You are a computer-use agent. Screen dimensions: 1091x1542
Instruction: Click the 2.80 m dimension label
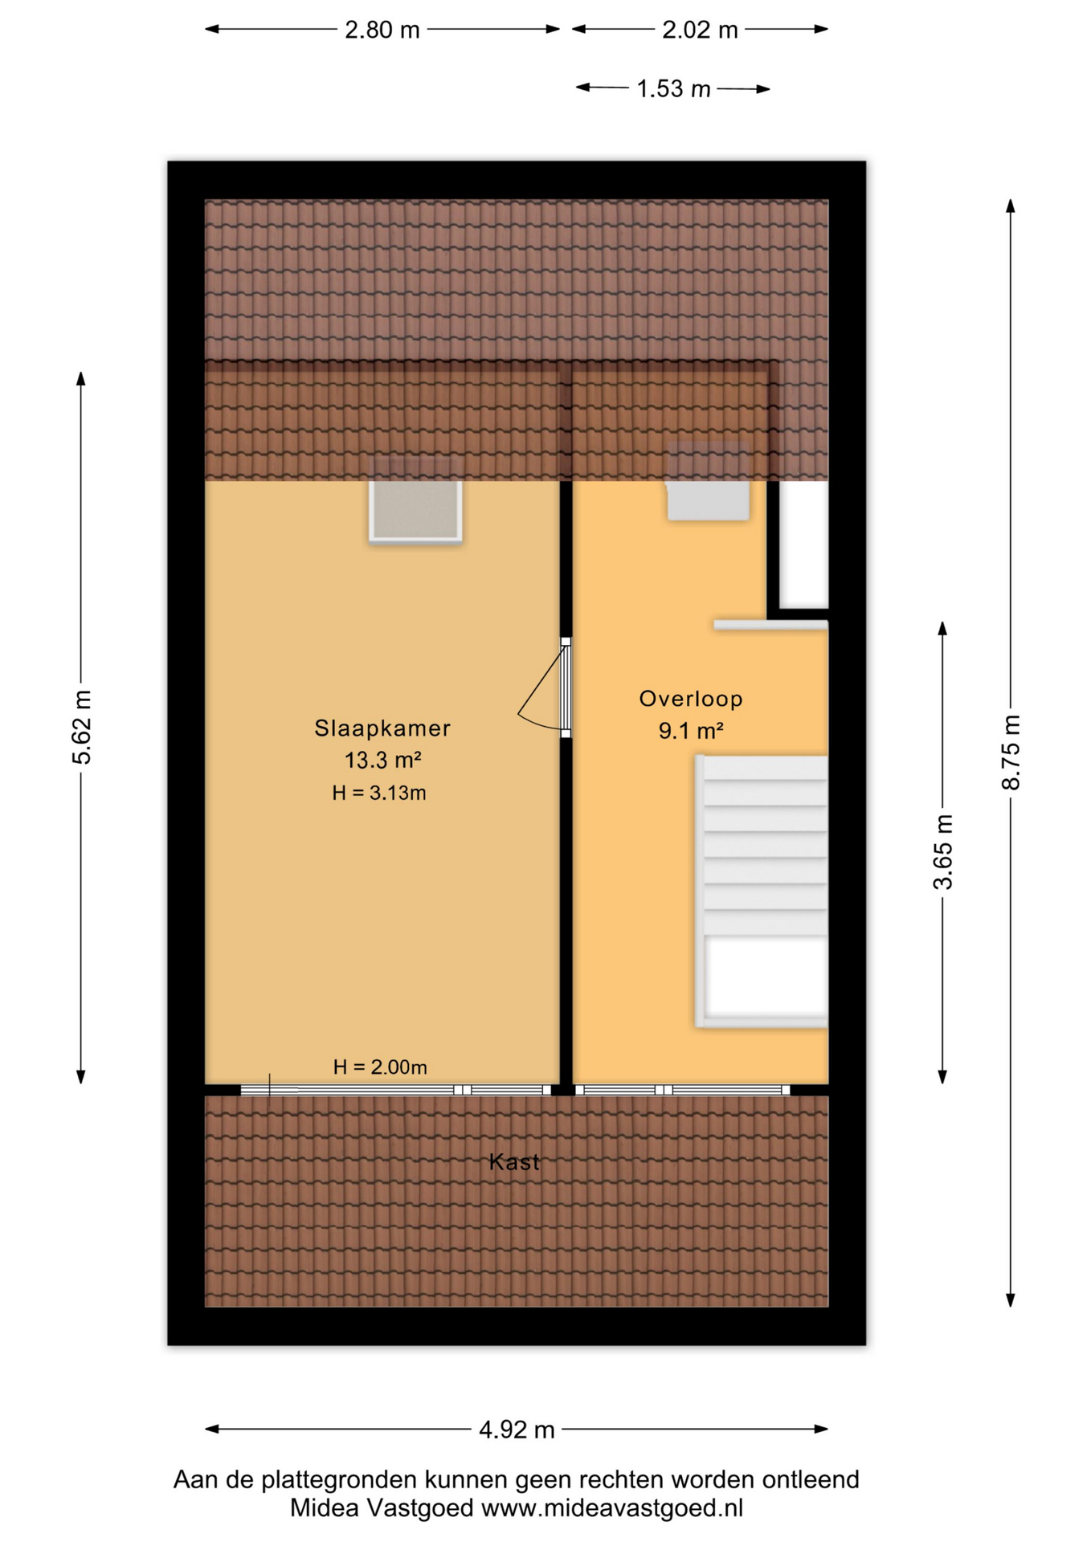coord(382,30)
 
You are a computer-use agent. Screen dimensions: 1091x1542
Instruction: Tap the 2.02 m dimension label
coord(700,30)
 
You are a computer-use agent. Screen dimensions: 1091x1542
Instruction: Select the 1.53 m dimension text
coord(673,88)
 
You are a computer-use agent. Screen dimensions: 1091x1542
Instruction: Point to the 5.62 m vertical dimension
coord(81,727)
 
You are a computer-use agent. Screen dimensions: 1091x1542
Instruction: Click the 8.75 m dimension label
coord(1011,752)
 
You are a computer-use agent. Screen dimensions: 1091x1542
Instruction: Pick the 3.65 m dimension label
coord(943,851)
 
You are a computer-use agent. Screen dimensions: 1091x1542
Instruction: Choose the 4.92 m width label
coord(517,1429)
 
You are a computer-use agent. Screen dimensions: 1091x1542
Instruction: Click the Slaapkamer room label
coord(382,728)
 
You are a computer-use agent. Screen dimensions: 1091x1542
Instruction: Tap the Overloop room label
coord(691,699)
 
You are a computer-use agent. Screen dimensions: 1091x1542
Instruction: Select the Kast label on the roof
coord(514,1162)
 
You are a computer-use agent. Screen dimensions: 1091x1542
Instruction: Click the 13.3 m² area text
coord(383,759)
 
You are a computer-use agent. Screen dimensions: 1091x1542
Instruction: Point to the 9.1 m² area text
coord(691,731)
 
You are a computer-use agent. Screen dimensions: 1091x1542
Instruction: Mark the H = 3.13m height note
coord(379,793)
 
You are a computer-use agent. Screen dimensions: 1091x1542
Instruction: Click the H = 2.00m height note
coord(380,1067)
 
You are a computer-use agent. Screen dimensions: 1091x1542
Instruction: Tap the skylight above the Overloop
coord(709,481)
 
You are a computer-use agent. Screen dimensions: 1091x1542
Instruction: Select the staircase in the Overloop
coord(762,891)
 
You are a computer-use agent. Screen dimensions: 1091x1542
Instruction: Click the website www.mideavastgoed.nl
coord(612,1508)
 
